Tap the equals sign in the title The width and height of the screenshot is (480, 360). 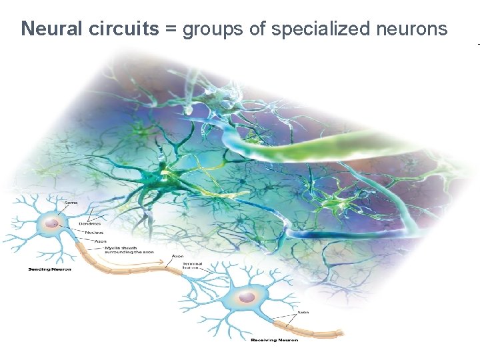(x=171, y=29)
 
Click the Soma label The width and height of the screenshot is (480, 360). (x=71, y=202)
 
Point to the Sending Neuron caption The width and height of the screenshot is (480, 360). (x=50, y=269)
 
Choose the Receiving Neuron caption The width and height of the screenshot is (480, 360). (x=275, y=340)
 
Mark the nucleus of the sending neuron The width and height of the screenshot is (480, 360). (x=51, y=225)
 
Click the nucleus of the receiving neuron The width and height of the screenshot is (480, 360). (x=247, y=296)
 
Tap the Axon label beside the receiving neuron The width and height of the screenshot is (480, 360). (x=303, y=311)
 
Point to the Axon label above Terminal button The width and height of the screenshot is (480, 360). (x=179, y=256)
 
